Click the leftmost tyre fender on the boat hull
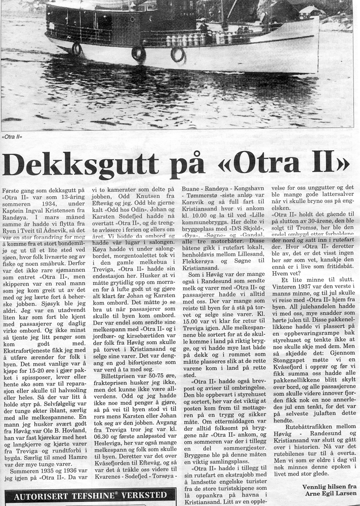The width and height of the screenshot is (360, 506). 76,49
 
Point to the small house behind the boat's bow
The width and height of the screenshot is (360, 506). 309,11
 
